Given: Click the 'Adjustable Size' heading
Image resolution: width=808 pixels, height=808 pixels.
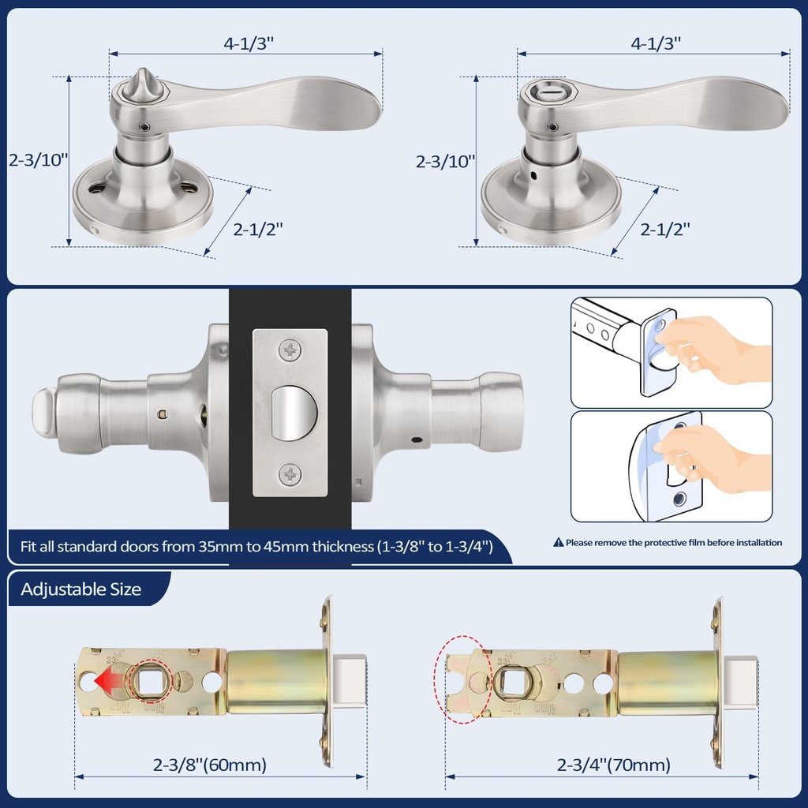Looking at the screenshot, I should (81, 589).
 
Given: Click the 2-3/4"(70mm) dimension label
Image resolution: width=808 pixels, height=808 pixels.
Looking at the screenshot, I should (613, 765).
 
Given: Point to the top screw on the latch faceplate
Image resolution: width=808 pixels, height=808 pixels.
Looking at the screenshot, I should (290, 350).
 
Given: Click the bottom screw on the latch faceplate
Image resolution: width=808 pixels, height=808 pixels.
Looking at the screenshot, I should (290, 474).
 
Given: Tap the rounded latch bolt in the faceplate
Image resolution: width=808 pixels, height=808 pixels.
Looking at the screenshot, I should (294, 413).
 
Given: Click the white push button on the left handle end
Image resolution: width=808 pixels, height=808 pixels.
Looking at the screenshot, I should (43, 413).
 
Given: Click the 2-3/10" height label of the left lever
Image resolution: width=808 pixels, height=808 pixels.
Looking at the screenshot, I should (39, 160).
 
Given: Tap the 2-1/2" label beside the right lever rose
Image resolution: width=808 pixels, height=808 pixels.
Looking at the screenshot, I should (665, 229).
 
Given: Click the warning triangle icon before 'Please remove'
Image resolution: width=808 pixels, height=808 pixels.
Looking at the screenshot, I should (559, 543).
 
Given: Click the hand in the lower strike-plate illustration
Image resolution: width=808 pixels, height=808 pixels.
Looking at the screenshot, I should (706, 458).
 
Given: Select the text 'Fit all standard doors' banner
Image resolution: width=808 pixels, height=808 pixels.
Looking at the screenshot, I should (256, 546).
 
